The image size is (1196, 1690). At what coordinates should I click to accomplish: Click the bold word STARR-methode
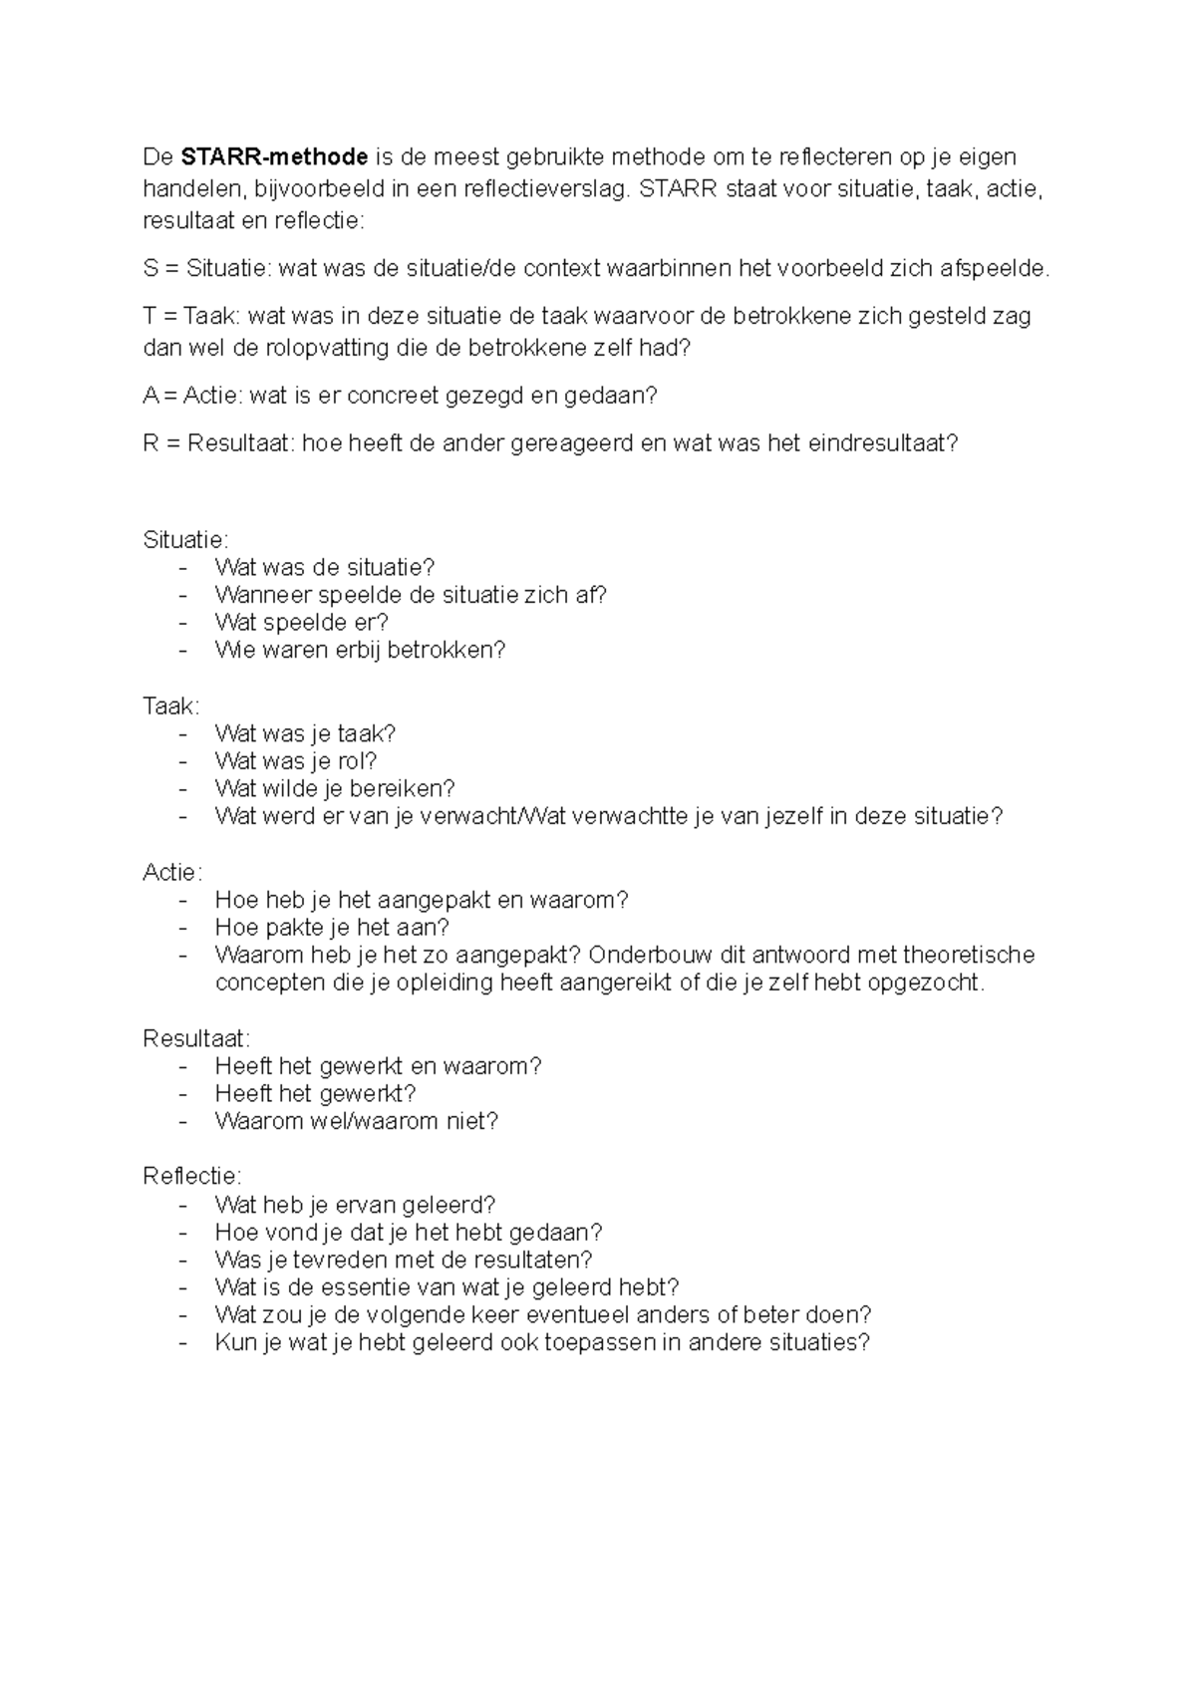274,157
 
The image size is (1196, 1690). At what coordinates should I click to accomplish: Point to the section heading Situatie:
185,540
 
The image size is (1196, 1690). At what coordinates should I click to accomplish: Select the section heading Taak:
170,706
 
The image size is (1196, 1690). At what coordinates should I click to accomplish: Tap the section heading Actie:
172,873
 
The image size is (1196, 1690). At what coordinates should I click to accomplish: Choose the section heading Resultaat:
196,1039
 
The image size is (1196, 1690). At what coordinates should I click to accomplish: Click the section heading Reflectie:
192,1177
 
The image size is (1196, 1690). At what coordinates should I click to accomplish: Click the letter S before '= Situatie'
150,268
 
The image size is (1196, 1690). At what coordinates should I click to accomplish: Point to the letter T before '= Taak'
149,317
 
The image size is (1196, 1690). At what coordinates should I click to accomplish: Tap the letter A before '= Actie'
150,396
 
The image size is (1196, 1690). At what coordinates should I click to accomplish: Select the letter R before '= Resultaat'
150,444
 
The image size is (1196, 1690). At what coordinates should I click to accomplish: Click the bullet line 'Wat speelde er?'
301,623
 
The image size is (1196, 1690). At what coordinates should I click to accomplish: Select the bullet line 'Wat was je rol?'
296,761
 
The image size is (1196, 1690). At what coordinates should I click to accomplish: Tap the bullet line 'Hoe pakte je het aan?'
332,928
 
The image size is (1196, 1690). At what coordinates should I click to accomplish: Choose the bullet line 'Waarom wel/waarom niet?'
356,1122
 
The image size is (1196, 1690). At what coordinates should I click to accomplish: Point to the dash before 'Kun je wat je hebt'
182,1342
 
